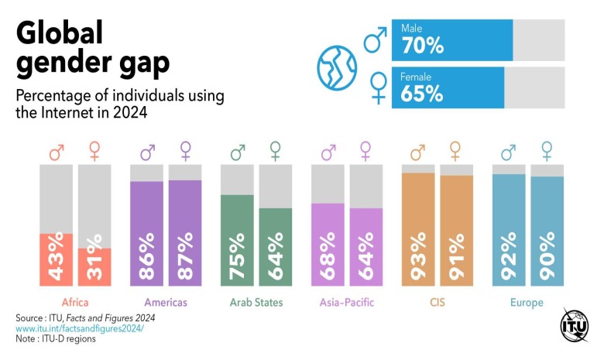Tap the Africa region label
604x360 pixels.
[x=74, y=302]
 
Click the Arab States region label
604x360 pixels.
[x=256, y=302]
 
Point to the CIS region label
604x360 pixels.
[x=437, y=302]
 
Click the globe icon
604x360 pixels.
[x=337, y=67]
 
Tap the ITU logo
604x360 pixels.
[x=575, y=325]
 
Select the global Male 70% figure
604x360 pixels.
[x=422, y=46]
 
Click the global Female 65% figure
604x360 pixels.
[x=422, y=94]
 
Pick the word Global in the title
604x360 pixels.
[x=60, y=34]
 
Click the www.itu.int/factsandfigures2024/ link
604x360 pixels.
[x=80, y=328]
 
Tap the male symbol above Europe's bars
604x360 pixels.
[x=508, y=151]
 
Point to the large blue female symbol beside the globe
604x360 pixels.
[x=379, y=88]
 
